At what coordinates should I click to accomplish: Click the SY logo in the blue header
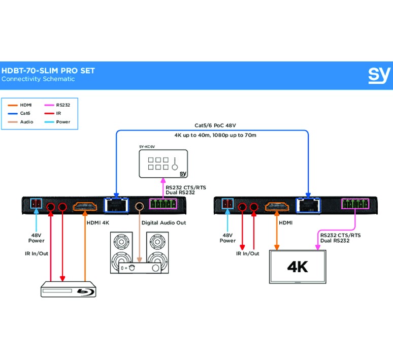(379, 75)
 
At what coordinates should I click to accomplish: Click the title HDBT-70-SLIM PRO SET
(48, 71)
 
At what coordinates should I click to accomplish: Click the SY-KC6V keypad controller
(164, 163)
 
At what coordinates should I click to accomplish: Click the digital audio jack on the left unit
(140, 206)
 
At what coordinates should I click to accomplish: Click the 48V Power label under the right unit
(227, 238)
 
